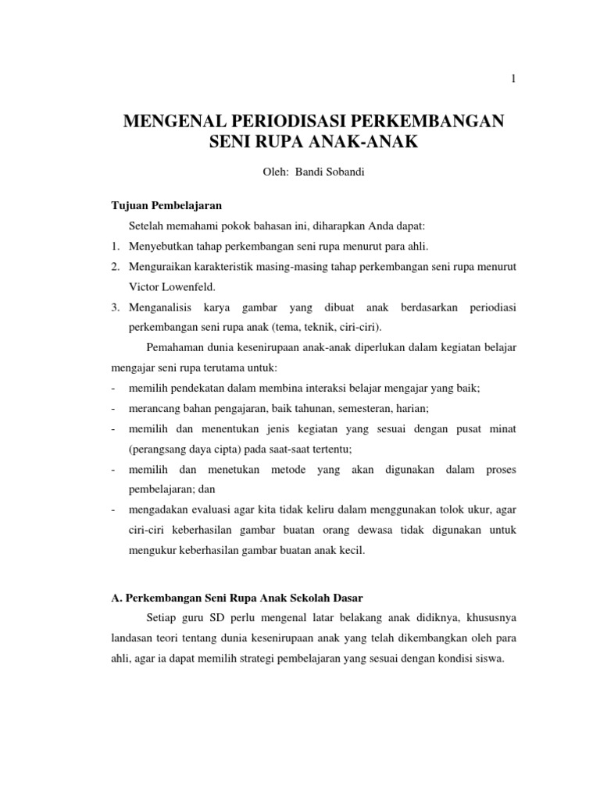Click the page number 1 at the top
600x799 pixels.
pos(512,78)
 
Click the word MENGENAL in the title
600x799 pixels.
pos(171,122)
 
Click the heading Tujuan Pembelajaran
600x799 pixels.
pos(166,206)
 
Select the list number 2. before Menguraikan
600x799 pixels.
pos(114,267)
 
